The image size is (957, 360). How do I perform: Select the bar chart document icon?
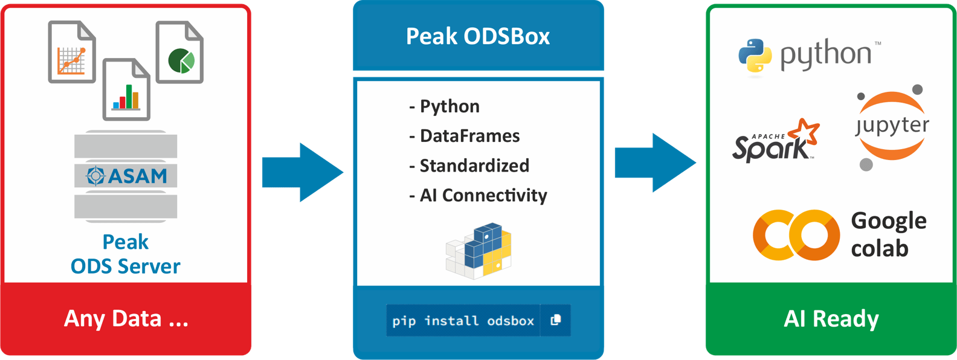click(126, 89)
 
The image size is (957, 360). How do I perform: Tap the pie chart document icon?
click(179, 52)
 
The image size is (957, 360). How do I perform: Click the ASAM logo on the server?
click(126, 176)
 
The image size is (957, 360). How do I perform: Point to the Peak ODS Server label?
click(126, 254)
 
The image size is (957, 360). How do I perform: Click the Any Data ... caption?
click(126, 318)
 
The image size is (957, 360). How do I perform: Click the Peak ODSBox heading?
click(478, 36)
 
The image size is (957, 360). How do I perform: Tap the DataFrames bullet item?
click(465, 136)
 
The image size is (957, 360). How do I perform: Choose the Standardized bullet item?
click(469, 166)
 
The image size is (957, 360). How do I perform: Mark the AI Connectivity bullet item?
click(478, 195)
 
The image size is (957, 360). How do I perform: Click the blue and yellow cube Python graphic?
click(479, 251)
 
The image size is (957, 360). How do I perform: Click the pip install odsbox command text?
click(463, 321)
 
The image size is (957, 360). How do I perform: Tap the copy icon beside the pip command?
click(556, 320)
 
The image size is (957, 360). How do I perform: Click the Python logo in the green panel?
click(809, 56)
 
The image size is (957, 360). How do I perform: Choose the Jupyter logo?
click(892, 126)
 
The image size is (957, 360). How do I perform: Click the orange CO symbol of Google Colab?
click(796, 235)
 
